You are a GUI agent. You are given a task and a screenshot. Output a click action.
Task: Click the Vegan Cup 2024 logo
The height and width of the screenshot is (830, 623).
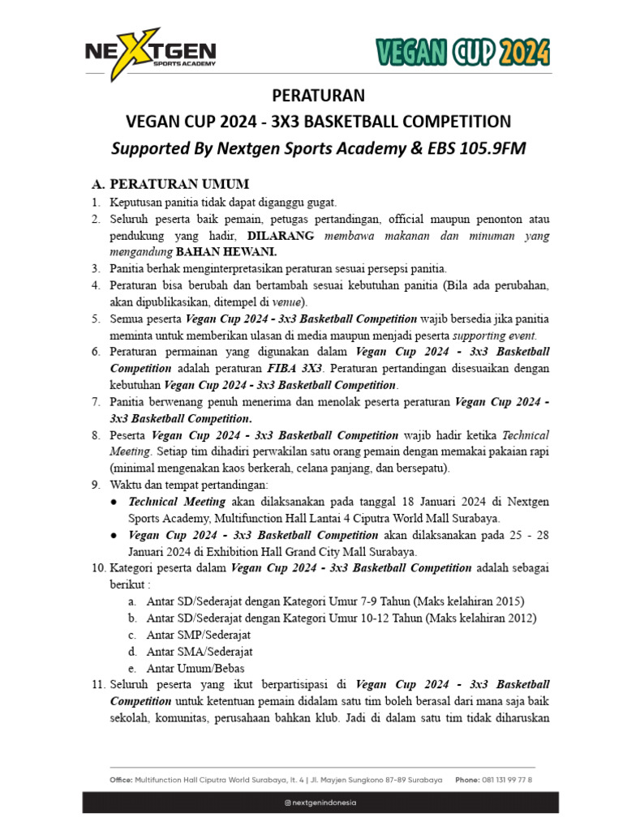pos(462,53)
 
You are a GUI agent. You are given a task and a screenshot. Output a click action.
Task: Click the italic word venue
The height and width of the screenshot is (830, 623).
pos(269,302)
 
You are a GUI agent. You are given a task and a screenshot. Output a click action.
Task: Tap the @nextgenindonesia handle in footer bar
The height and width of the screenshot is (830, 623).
pos(320,802)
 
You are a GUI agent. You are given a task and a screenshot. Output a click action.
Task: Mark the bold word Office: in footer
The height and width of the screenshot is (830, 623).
pos(122,780)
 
